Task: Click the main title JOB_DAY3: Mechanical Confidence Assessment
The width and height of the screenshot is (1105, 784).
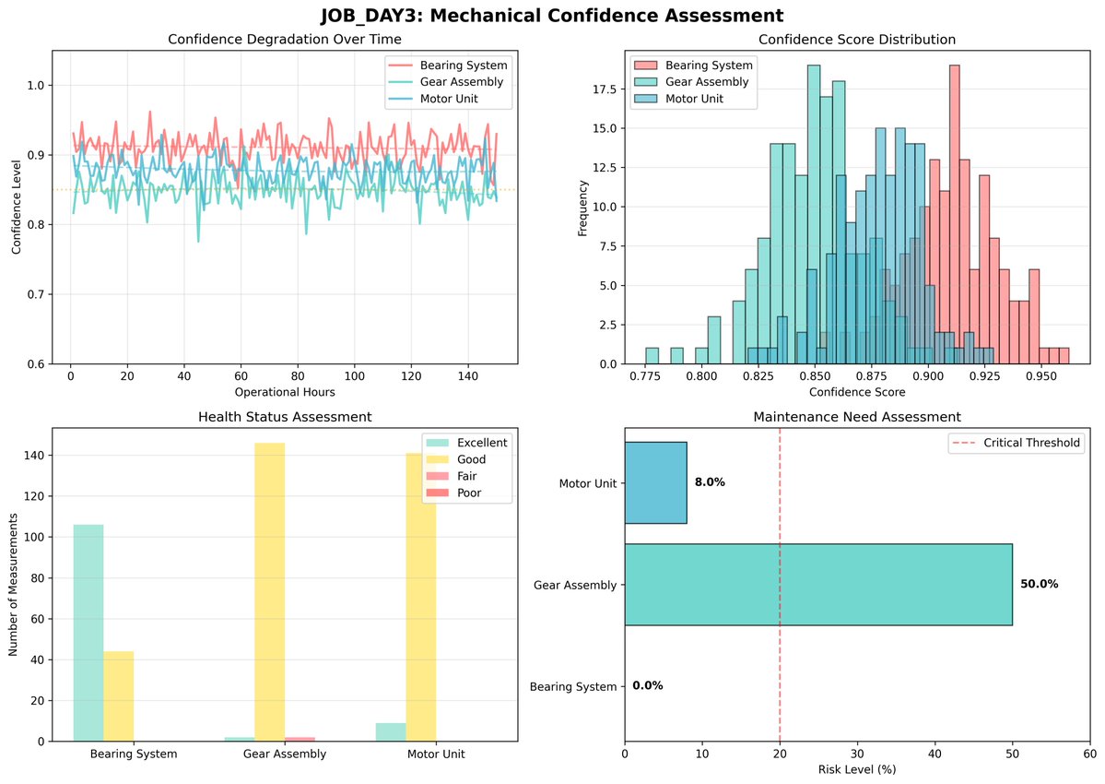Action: [x=552, y=15]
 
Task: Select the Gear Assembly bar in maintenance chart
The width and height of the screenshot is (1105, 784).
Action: [x=817, y=585]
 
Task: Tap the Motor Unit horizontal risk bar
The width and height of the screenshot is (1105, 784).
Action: [x=655, y=482]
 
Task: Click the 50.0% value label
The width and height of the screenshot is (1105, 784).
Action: [x=1039, y=585]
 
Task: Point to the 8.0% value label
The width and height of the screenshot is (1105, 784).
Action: [x=710, y=482]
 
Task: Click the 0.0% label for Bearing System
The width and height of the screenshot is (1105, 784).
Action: [x=647, y=686]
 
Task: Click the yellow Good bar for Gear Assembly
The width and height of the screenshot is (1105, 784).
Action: [x=270, y=592]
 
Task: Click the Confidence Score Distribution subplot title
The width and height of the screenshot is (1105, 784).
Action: [x=856, y=40]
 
